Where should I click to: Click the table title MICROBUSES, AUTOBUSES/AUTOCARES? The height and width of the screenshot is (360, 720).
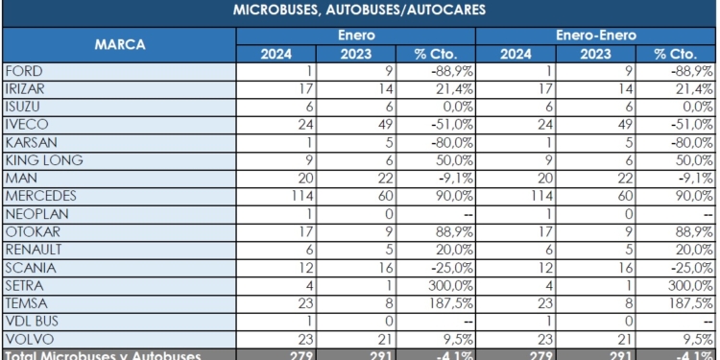coord(359,12)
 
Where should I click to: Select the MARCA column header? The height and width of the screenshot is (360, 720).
coord(120,44)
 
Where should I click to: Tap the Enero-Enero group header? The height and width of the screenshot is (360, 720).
coord(595,35)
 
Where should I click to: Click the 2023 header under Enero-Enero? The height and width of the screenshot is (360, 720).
coord(595,54)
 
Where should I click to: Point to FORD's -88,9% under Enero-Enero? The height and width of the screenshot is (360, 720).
coord(685,71)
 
